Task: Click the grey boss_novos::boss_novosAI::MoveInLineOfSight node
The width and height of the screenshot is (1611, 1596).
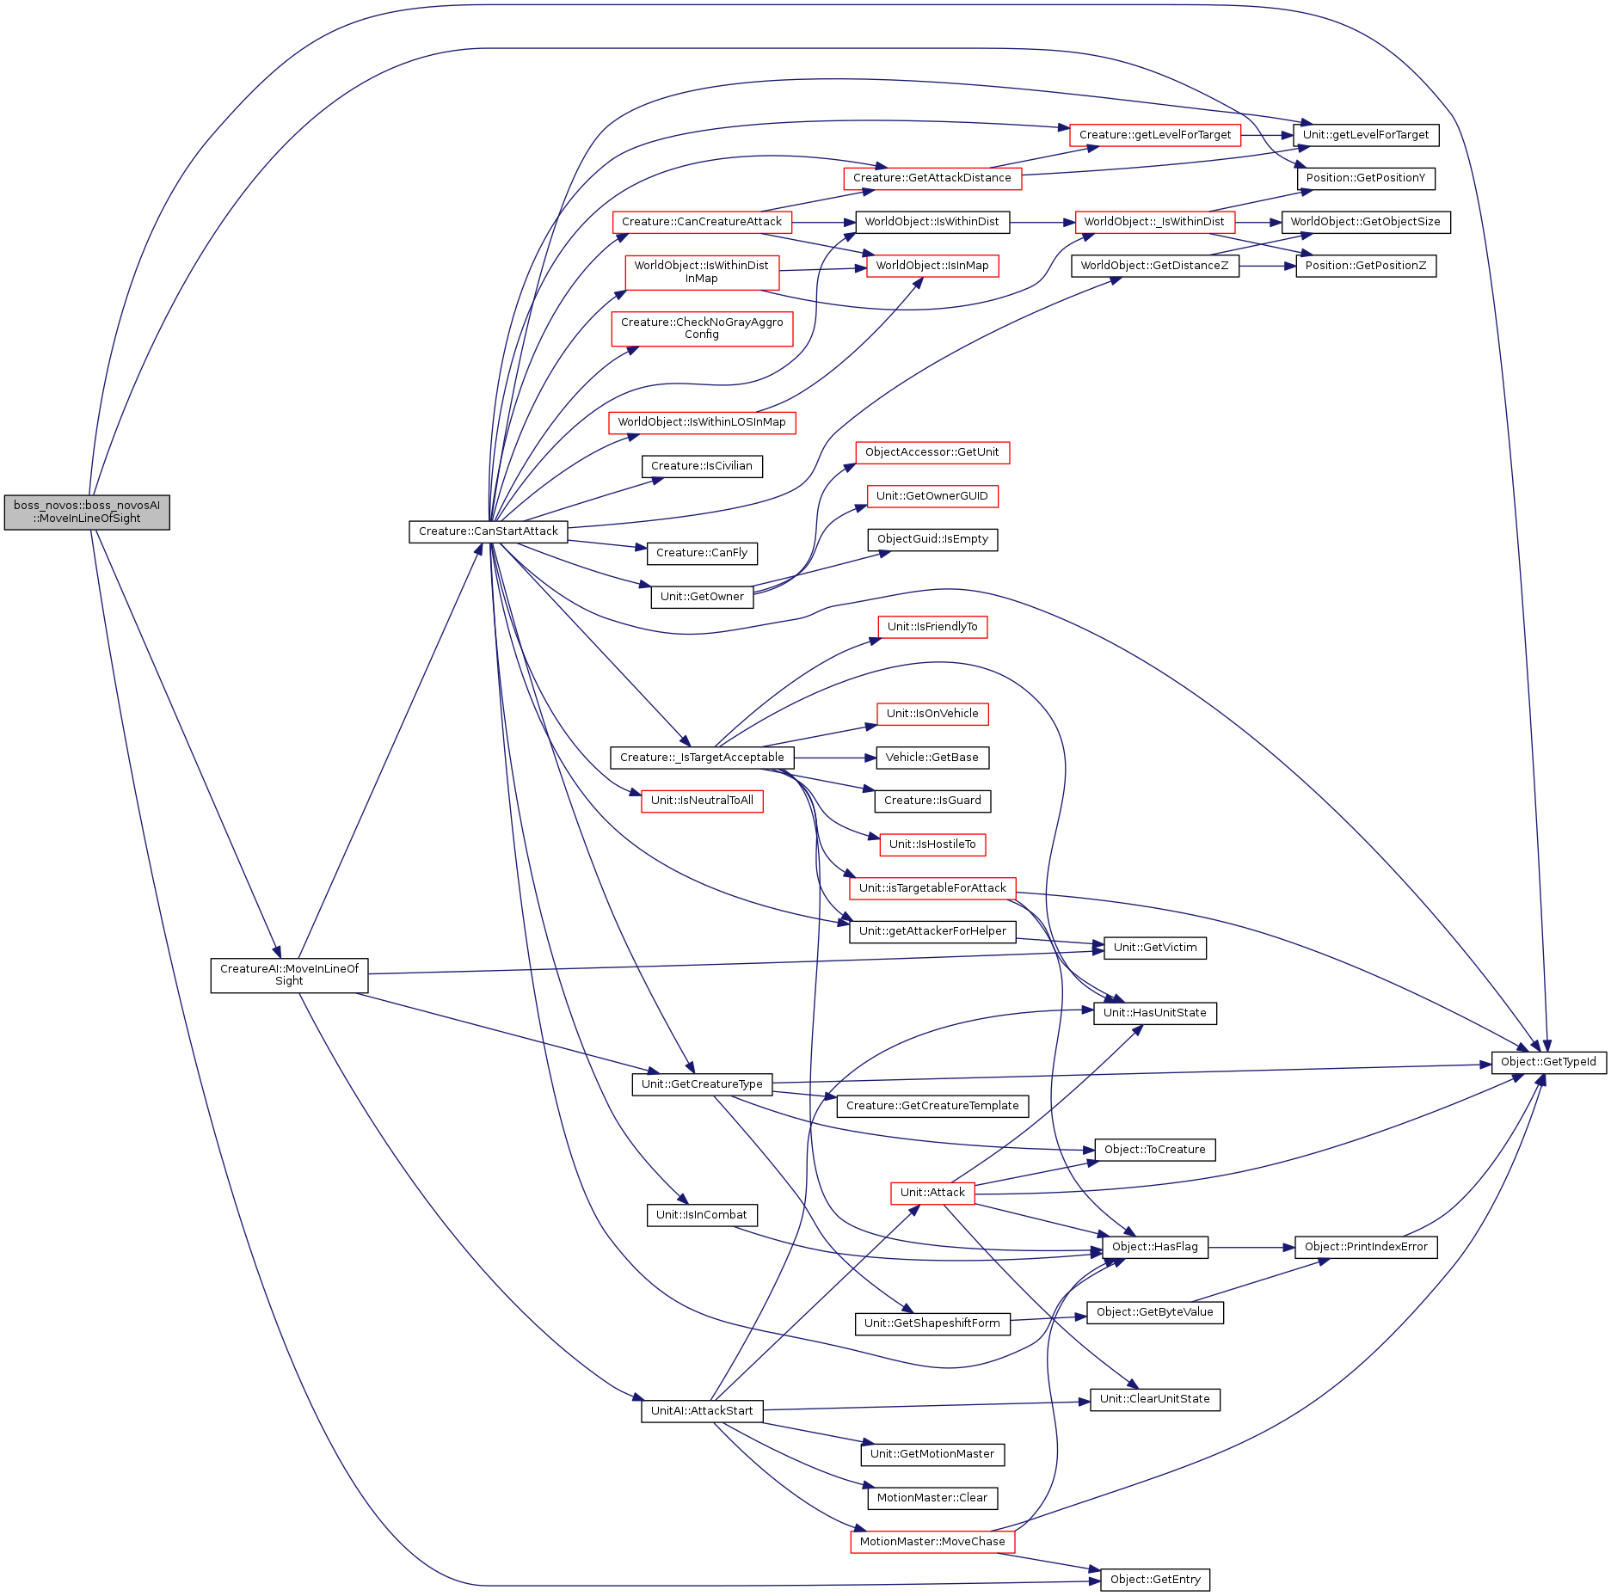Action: [x=87, y=513]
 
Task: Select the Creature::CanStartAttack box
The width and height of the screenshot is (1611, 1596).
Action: [x=488, y=532]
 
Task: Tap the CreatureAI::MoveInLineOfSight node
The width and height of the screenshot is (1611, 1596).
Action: [x=289, y=975]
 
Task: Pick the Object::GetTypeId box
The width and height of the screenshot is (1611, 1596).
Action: [x=1547, y=1063]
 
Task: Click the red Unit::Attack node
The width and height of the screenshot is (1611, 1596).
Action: [x=932, y=1194]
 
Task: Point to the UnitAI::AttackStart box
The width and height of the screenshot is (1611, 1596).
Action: [x=701, y=1411]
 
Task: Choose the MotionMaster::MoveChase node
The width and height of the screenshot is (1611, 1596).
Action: [x=932, y=1542]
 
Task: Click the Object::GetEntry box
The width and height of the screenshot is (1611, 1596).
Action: [x=1154, y=1580]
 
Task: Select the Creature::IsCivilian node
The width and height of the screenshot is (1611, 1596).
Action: [x=701, y=467]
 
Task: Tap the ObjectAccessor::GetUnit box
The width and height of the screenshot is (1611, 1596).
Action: [x=932, y=453]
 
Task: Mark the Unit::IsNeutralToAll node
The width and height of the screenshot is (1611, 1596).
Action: [x=701, y=801]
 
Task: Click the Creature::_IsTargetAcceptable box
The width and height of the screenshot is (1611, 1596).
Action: [x=701, y=758]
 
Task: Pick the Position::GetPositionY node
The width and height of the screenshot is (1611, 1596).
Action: [x=1365, y=179]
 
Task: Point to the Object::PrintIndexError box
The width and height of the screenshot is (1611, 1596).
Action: [x=1365, y=1248]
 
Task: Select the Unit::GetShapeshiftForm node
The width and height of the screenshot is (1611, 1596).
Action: [x=932, y=1324]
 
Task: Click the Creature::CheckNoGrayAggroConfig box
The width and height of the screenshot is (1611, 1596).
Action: [x=701, y=329]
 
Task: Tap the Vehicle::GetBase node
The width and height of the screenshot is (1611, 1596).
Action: [x=932, y=758]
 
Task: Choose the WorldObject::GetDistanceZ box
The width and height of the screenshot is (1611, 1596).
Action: [x=1154, y=267]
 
